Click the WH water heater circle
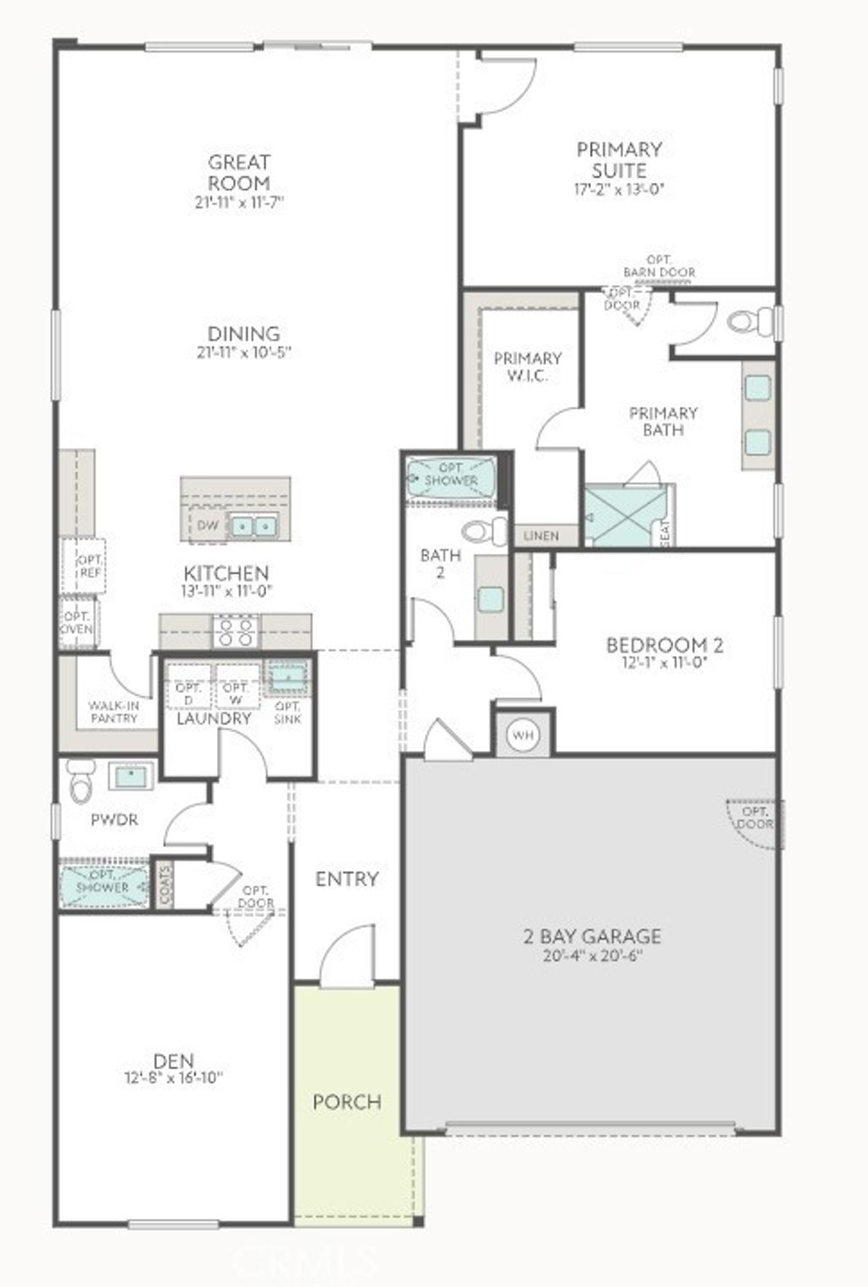pyautogui.click(x=523, y=735)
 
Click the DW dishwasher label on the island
pyautogui.click(x=208, y=525)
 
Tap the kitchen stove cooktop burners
pyautogui.click(x=236, y=631)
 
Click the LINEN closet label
pyautogui.click(x=541, y=535)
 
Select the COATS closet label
pyautogui.click(x=164, y=885)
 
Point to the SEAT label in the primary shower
pyautogui.click(x=665, y=532)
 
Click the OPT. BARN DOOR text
pyautogui.click(x=659, y=266)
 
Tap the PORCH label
pyautogui.click(x=347, y=1101)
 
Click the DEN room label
pyautogui.click(x=174, y=1060)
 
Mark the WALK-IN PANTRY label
pyautogui.click(x=114, y=712)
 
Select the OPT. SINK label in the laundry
pyautogui.click(x=288, y=713)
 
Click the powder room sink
pyautogui.click(x=131, y=776)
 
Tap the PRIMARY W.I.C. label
pyautogui.click(x=527, y=366)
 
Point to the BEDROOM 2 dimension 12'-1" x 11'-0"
pyautogui.click(x=664, y=663)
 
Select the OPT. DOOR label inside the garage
pyautogui.click(x=754, y=816)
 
